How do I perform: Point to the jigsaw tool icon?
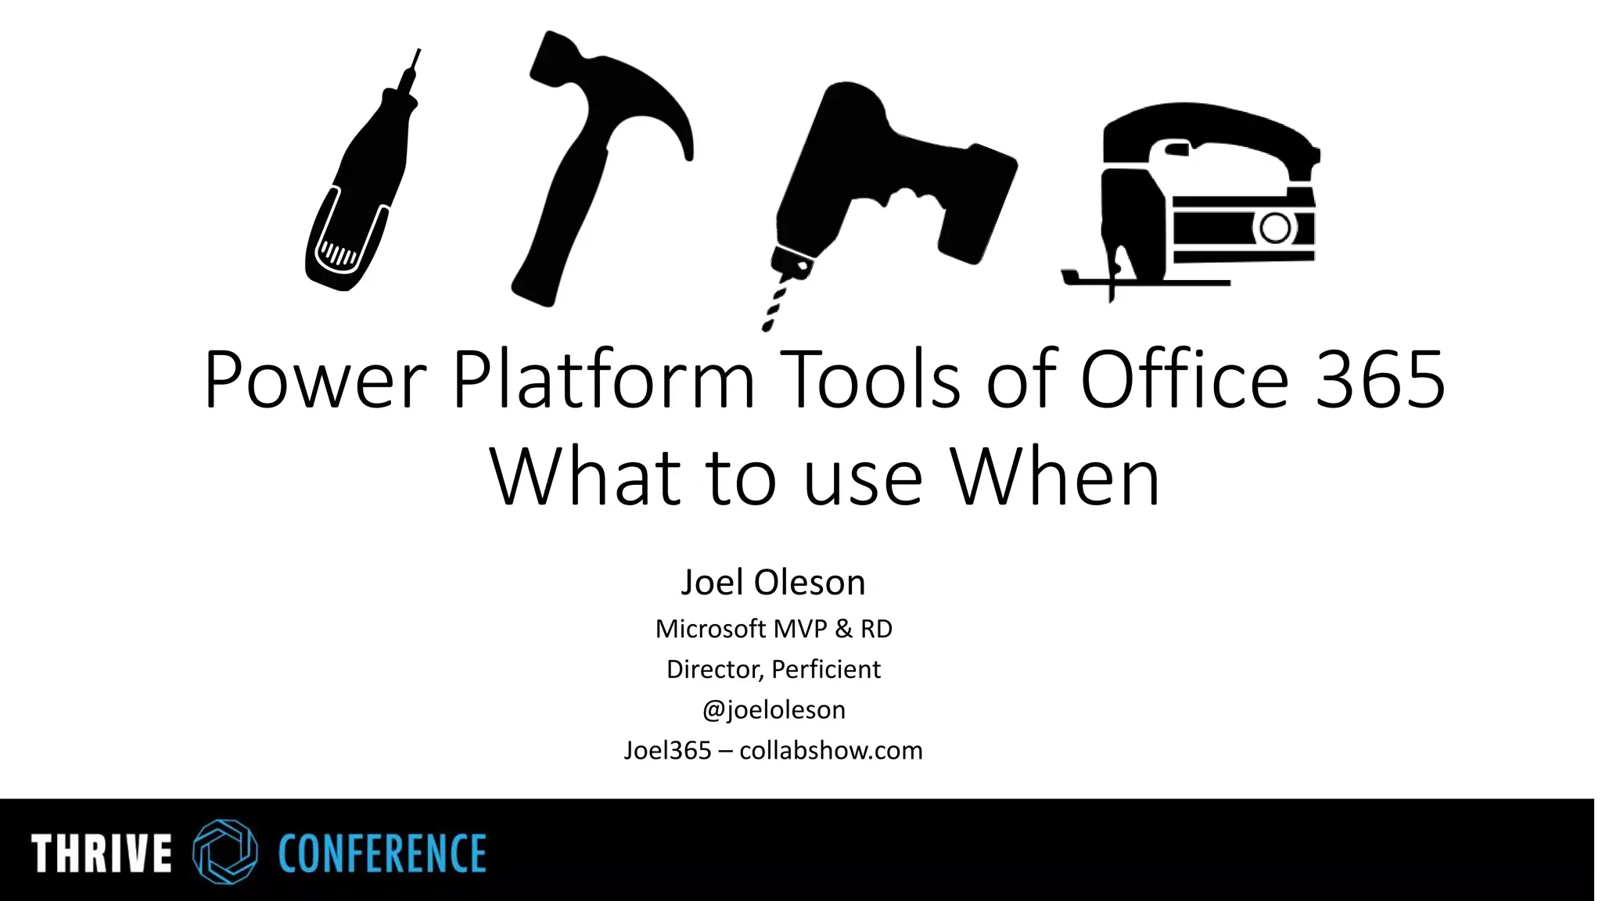(1197, 196)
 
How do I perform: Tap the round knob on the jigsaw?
(1275, 228)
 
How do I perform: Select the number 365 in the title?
(1380, 381)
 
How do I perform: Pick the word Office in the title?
(1184, 381)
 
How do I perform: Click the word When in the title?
(1056, 477)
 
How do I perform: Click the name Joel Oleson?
(774, 583)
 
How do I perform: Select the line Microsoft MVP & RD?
(774, 629)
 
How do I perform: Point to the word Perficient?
(826, 669)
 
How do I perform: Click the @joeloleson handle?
(774, 710)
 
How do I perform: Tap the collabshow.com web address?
(831, 751)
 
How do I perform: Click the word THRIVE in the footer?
(102, 853)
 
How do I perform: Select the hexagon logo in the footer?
(225, 852)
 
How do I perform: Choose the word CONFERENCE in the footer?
(383, 853)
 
